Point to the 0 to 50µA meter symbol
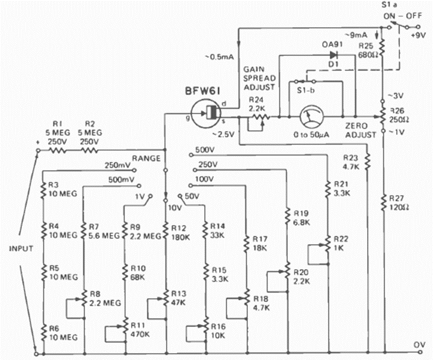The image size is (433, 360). (x=311, y=116)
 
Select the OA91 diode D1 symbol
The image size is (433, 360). (x=334, y=54)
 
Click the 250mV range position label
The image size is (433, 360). (x=118, y=165)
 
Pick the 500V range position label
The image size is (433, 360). (x=205, y=149)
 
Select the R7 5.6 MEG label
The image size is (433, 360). (x=100, y=232)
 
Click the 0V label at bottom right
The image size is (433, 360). (x=420, y=345)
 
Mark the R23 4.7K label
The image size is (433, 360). (x=352, y=162)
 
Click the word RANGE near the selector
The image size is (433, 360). (x=144, y=158)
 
